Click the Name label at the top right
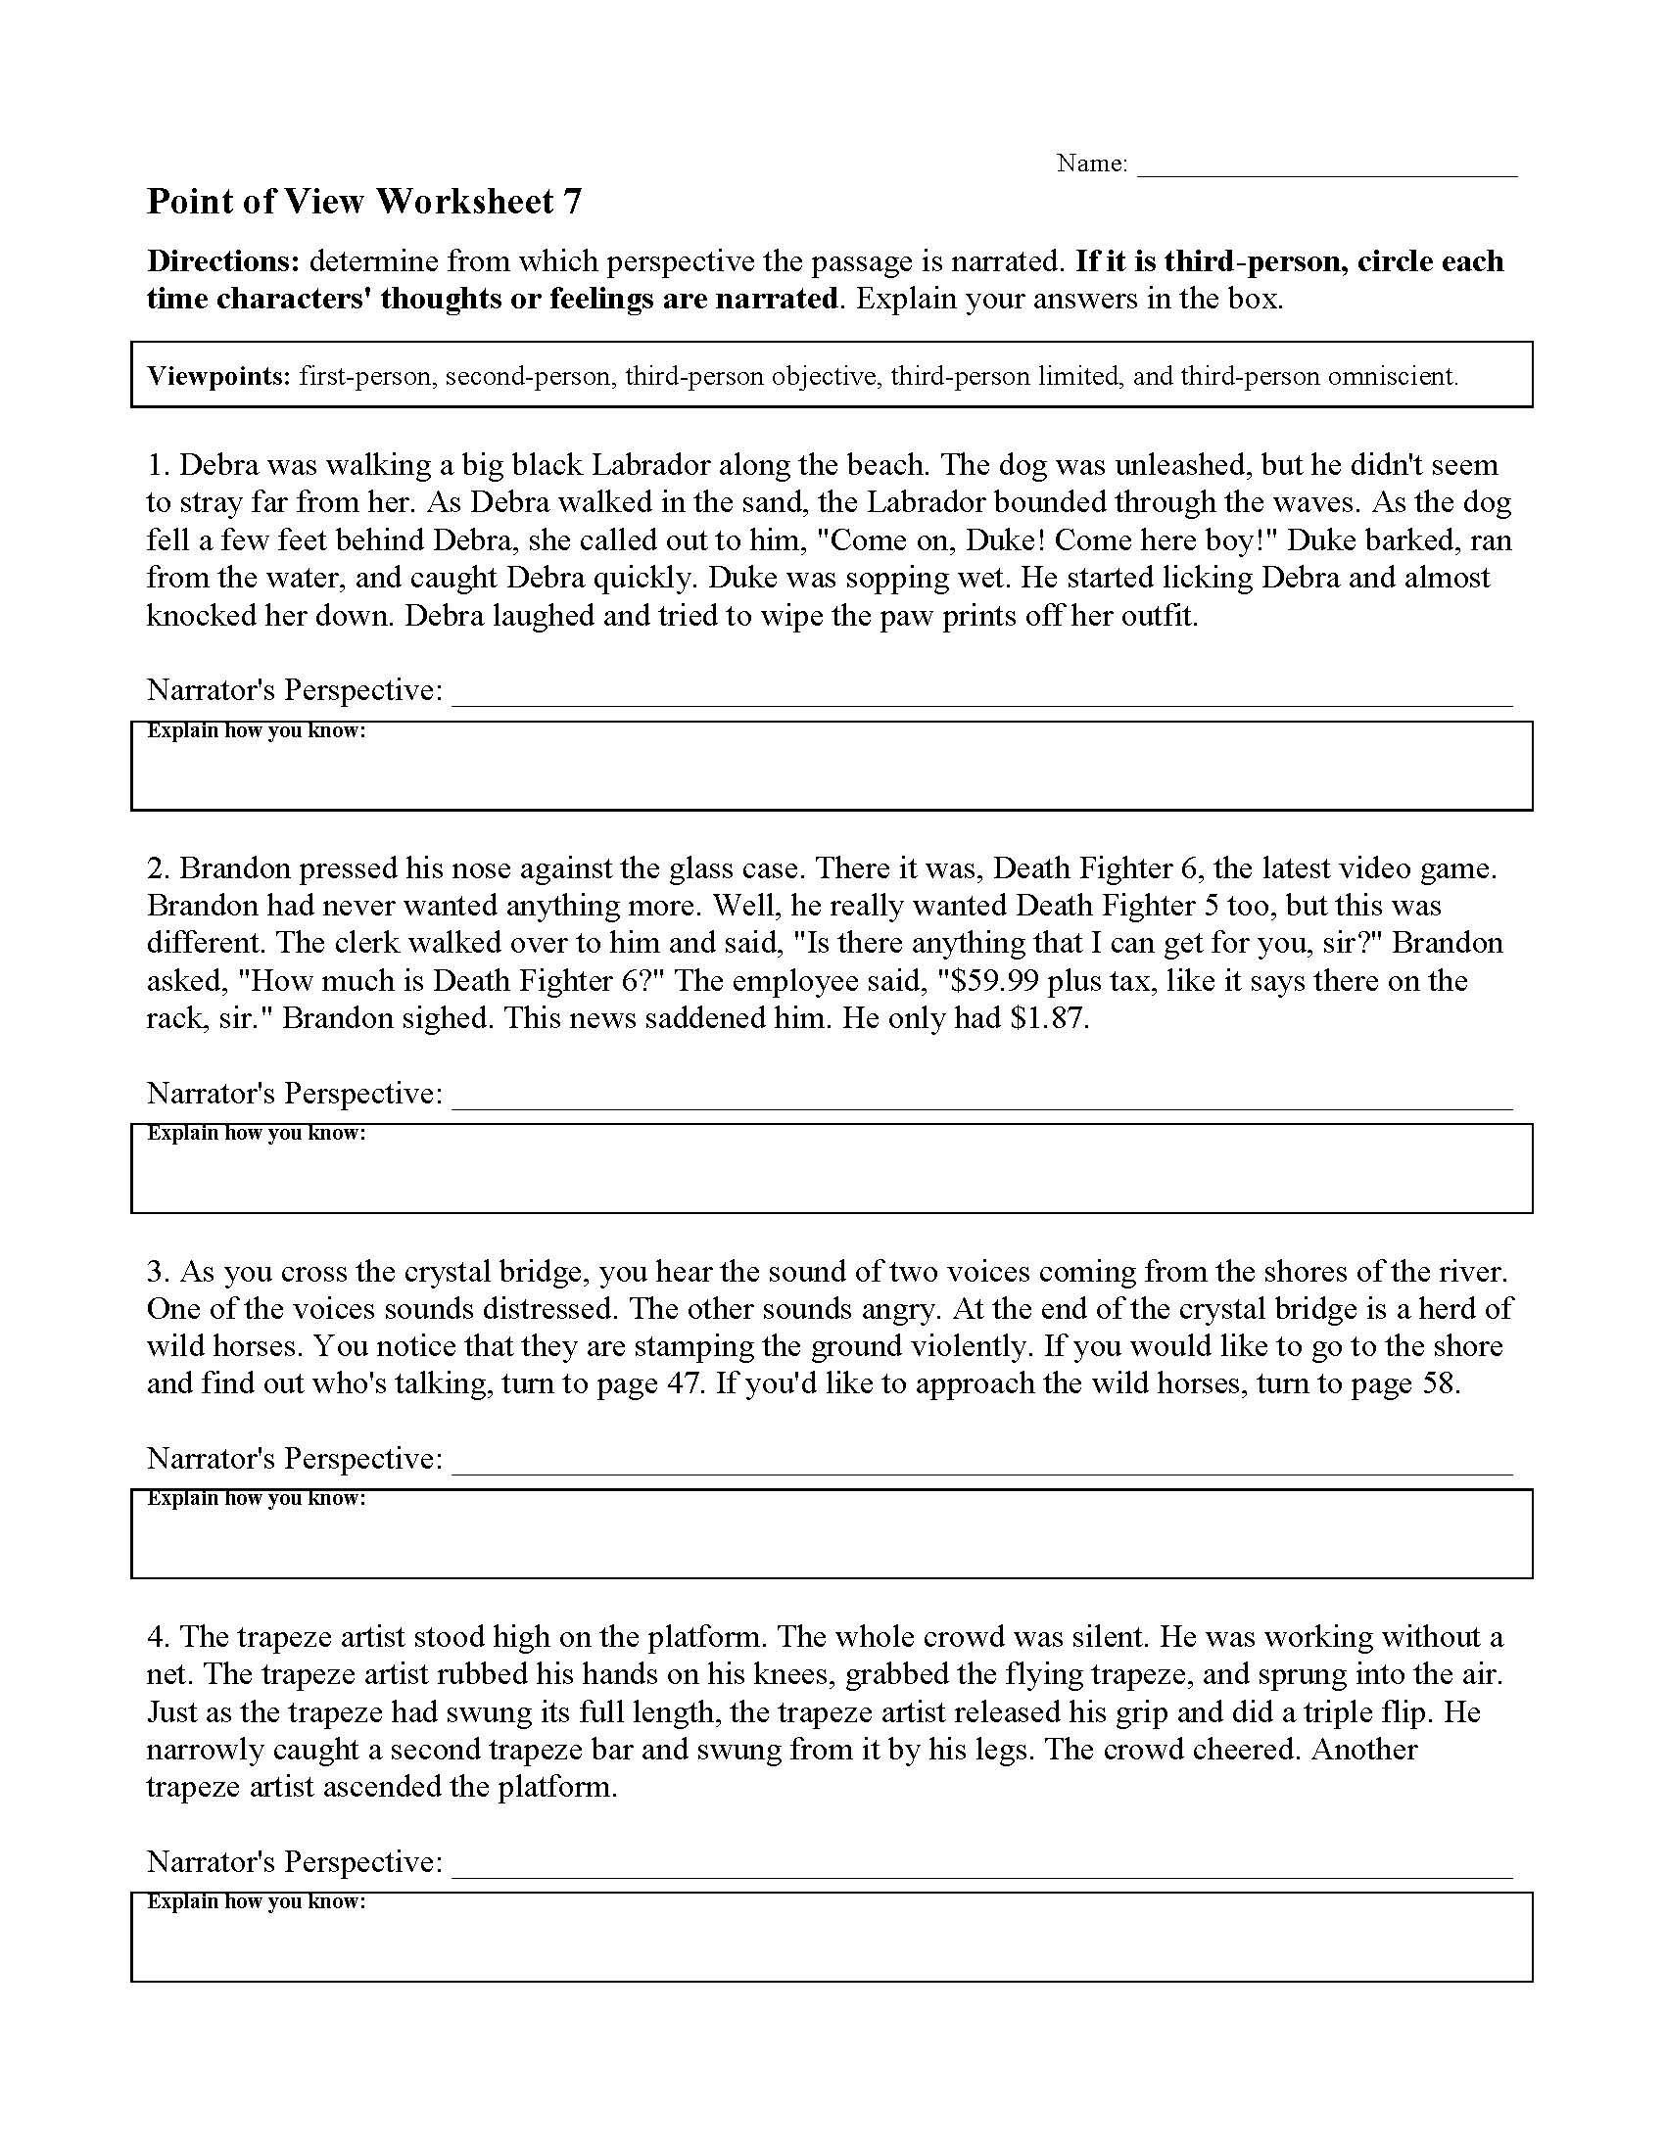click(1091, 164)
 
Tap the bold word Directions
click(223, 261)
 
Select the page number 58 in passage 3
click(1438, 1382)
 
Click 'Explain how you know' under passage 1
click(257, 730)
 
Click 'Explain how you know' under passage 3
click(257, 1498)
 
